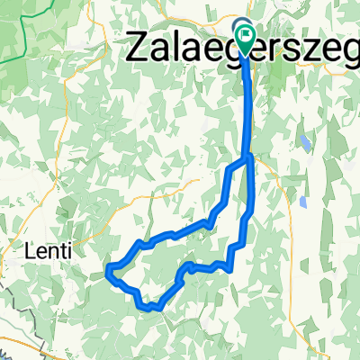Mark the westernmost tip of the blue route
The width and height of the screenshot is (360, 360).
(x=107, y=269)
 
